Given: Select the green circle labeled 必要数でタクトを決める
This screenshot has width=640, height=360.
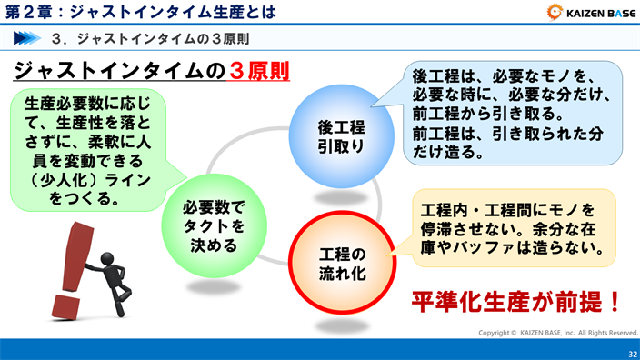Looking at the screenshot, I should coord(215,219).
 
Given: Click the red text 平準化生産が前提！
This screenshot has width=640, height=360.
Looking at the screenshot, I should coord(516,300).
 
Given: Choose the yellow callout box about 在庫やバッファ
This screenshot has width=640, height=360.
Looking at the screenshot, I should coord(513,227).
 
